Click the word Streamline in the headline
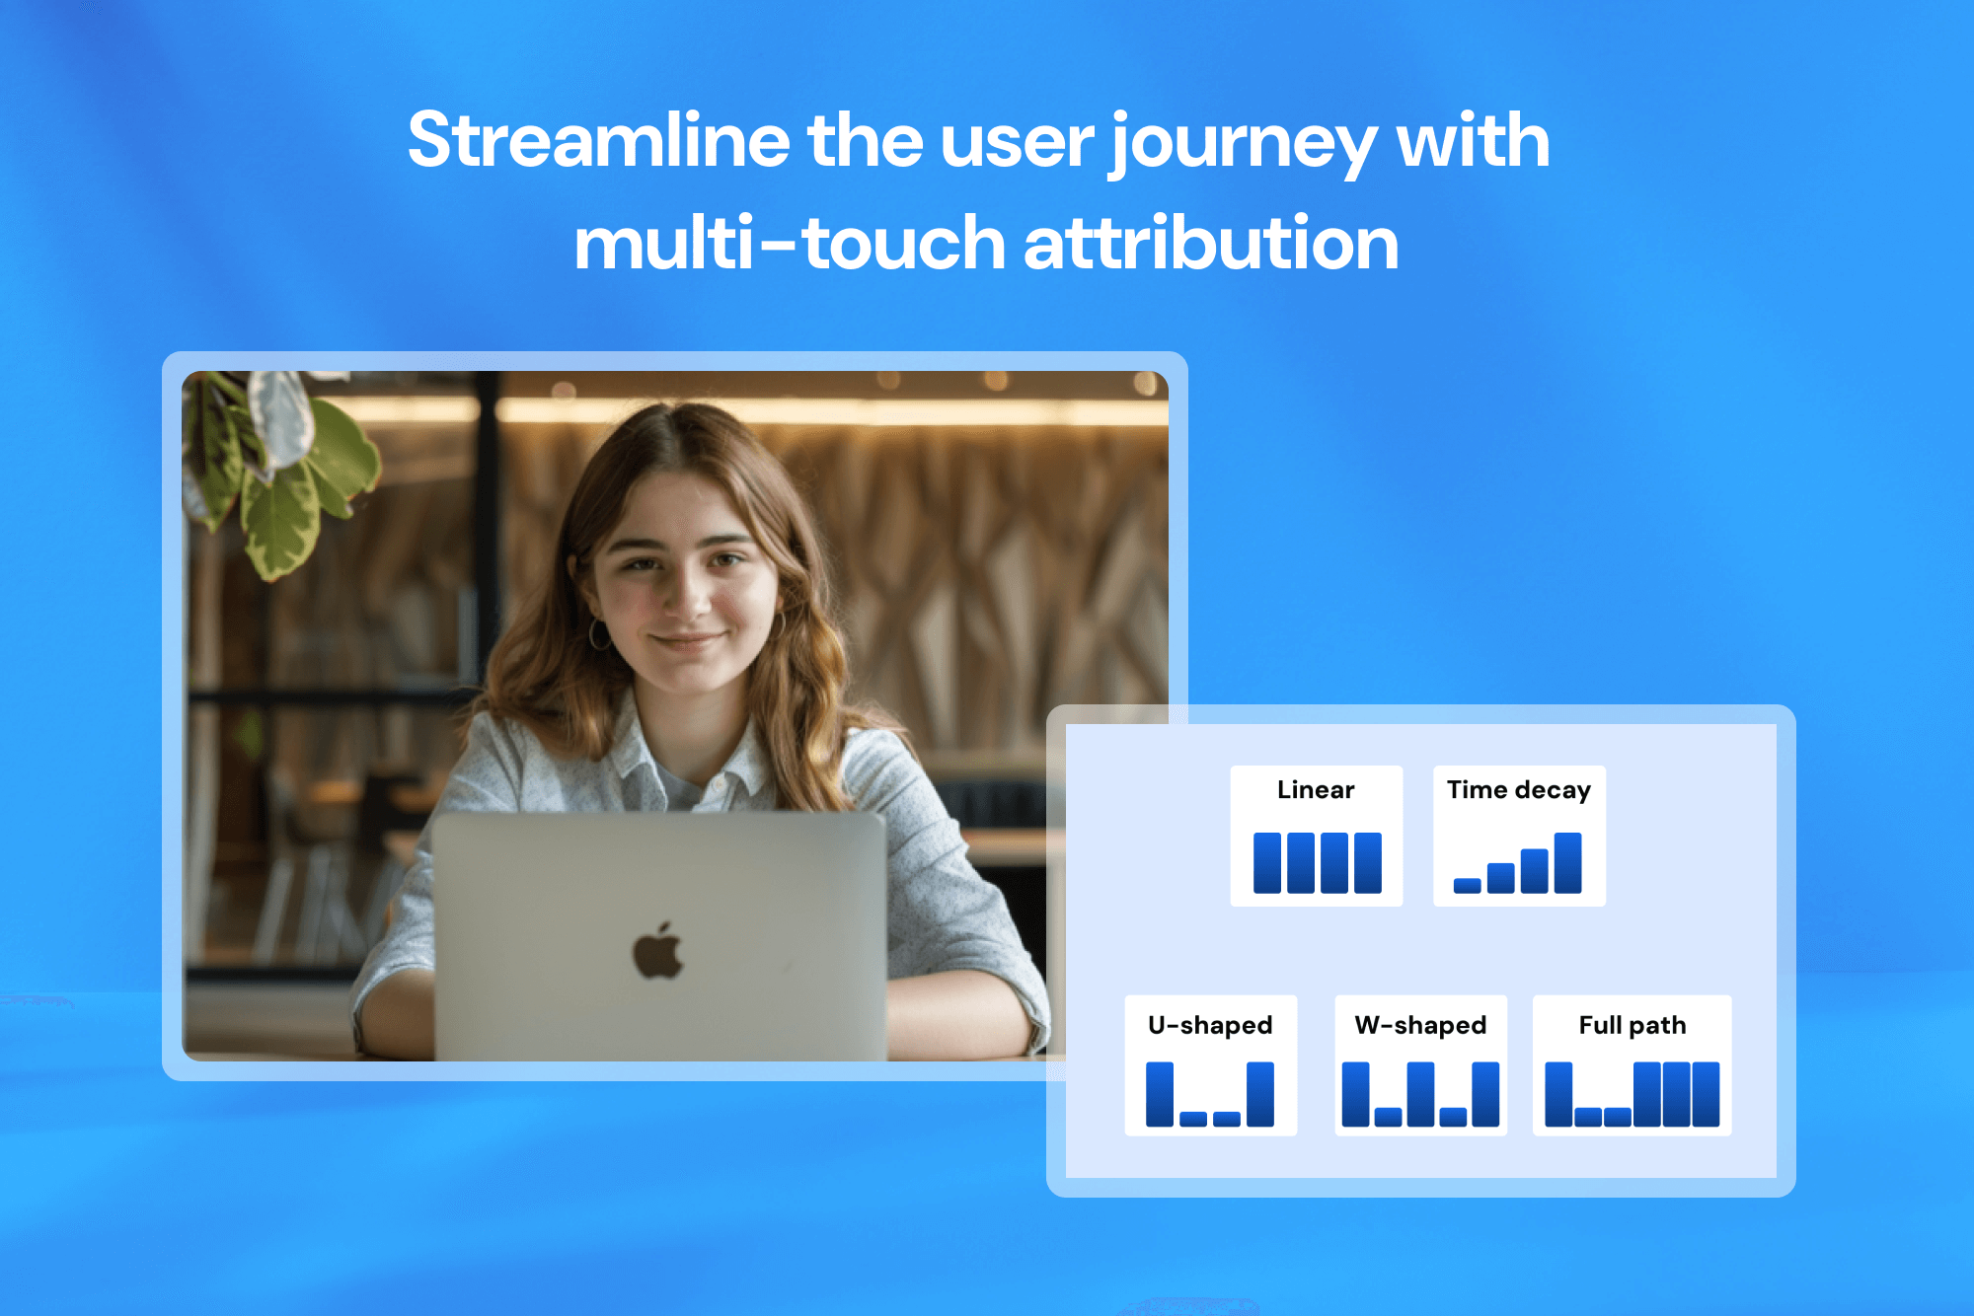[597, 141]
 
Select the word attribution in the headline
[1210, 244]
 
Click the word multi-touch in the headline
[790, 244]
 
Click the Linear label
[1315, 790]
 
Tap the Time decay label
[1518, 790]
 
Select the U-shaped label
[1209, 1025]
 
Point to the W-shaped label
[1419, 1025]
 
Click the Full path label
[1632, 1025]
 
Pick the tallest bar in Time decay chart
[1567, 862]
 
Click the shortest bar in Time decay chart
[1467, 885]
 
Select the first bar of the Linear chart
[1266, 862]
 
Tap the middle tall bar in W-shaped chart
[1420, 1093]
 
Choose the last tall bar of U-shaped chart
[1259, 1093]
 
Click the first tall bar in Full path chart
[1557, 1093]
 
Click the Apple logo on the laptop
[657, 952]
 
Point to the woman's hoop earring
[599, 634]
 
